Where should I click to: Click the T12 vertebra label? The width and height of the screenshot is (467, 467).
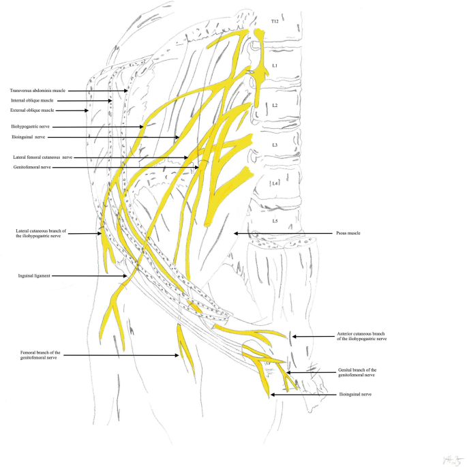click(275, 22)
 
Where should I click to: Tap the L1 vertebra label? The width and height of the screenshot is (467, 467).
click(275, 65)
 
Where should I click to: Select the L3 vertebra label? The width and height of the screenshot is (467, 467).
click(275, 145)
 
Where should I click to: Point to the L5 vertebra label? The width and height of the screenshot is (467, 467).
click(275, 221)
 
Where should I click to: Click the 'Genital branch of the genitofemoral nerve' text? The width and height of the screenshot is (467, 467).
click(357, 372)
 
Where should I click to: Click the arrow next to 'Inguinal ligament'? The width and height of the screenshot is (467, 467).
click(89, 276)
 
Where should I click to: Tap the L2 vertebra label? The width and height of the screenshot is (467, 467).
click(275, 106)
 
